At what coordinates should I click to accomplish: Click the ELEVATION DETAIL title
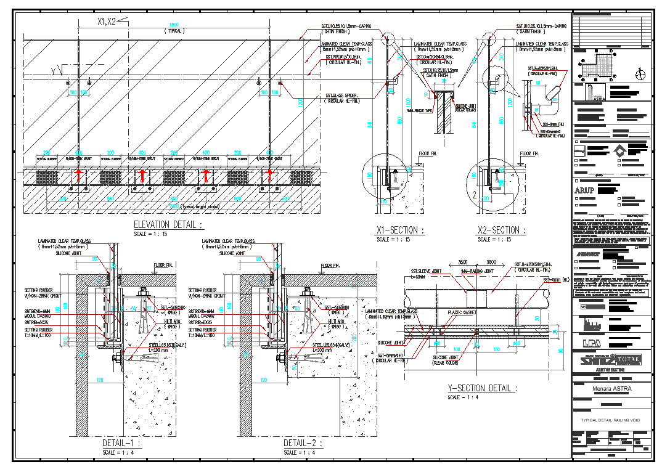168,224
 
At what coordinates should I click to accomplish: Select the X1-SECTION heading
400,230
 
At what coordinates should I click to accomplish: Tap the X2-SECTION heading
502,230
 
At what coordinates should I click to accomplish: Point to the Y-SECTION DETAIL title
481,388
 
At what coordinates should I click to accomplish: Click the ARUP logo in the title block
584,190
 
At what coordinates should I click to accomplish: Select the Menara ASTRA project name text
611,389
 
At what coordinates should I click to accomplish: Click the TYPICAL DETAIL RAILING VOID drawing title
611,420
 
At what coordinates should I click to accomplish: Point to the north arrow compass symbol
641,75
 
